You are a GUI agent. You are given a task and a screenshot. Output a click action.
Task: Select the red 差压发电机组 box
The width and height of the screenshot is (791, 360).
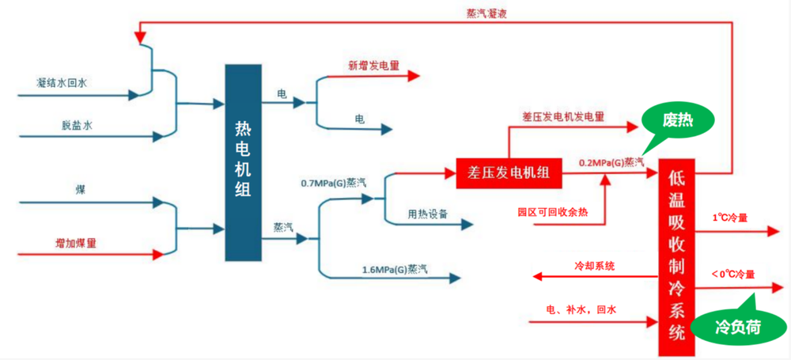(x=509, y=171)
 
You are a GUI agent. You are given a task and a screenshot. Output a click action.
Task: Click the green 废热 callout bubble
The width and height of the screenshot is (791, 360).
(x=678, y=121)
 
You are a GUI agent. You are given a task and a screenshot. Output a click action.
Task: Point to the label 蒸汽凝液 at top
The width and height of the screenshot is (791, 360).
(x=487, y=13)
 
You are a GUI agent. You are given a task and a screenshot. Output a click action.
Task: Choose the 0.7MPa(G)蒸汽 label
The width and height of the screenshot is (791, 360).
(x=333, y=183)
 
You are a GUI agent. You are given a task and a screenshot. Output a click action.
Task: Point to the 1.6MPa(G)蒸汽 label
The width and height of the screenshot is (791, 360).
(x=395, y=270)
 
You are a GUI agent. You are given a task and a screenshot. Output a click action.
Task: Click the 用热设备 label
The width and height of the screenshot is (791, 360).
(x=428, y=213)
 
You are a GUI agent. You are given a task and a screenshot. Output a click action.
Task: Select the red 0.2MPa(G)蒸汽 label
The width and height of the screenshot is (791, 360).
(x=611, y=162)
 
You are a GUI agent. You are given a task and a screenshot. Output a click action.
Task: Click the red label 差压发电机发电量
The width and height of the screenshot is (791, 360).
(x=562, y=116)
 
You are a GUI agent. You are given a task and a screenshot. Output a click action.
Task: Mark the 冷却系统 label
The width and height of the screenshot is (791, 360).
(x=595, y=265)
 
